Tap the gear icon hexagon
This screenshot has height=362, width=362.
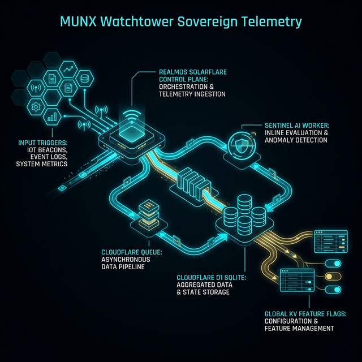(x=37, y=106)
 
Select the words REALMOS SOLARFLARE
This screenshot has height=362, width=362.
(x=184, y=72)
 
